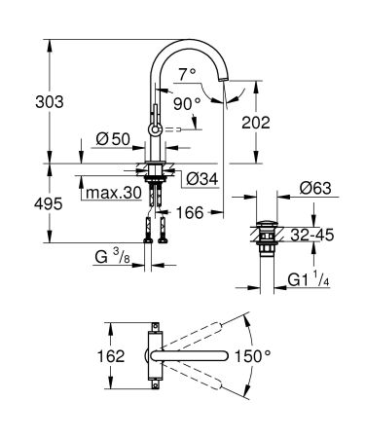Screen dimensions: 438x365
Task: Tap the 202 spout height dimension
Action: [x=282, y=124]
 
